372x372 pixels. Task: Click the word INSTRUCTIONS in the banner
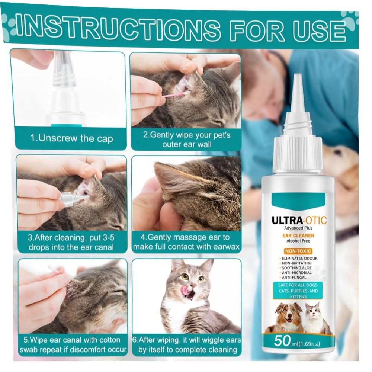tap(119, 29)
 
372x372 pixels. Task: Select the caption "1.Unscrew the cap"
tap(71, 138)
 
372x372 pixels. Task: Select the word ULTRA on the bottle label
tap(288, 220)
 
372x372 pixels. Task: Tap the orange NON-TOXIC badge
tap(298, 251)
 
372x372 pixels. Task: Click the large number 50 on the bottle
tap(282, 341)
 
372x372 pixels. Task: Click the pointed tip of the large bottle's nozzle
tap(298, 75)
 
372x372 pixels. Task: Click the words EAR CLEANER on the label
tap(298, 235)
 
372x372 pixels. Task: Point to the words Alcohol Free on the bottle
tap(298, 241)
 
